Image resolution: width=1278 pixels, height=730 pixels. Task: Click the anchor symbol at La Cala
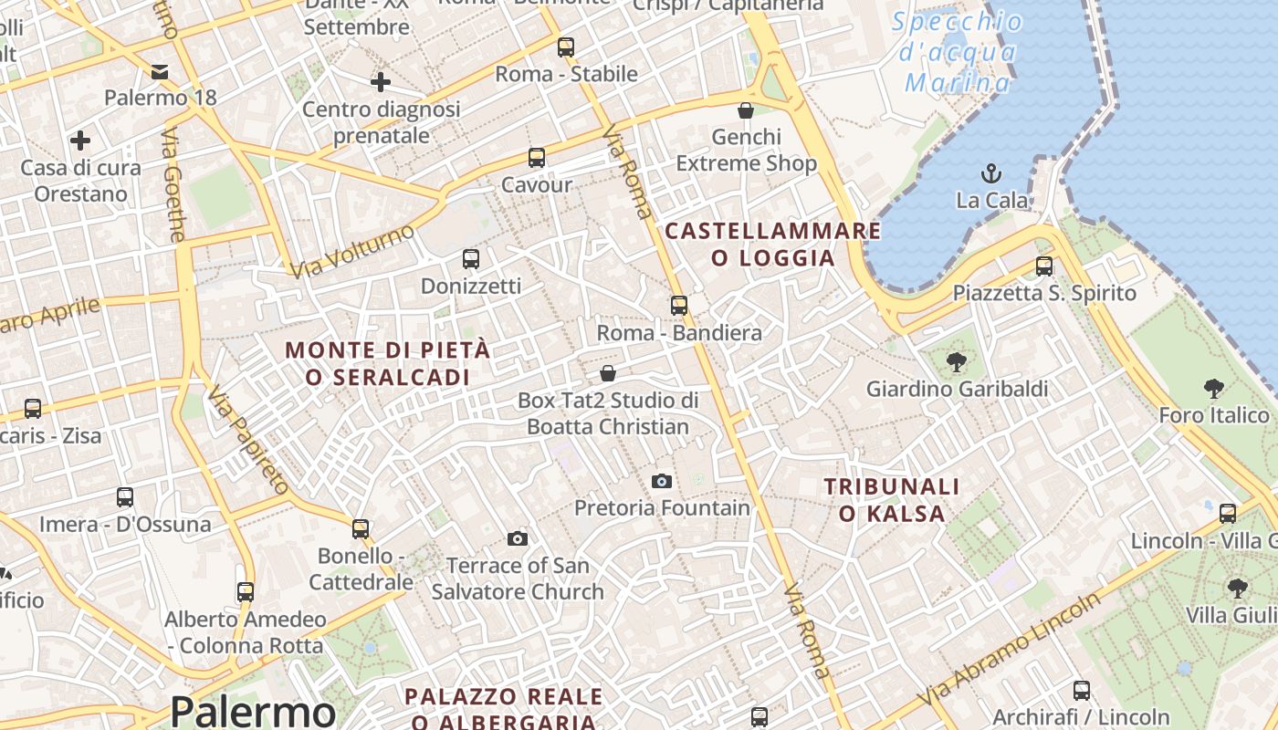990,172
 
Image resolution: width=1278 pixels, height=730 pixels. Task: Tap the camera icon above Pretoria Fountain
662,481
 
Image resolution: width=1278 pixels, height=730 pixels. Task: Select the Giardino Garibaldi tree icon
956,362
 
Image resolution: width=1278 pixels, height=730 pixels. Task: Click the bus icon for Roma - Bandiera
678,306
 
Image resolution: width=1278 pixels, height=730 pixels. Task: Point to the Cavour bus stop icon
537,158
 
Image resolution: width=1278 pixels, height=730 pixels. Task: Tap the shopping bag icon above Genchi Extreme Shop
746,110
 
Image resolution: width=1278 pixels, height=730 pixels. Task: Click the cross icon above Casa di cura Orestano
80,141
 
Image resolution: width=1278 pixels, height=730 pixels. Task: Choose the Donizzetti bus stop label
471,287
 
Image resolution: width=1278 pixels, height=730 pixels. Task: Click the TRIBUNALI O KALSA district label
892,500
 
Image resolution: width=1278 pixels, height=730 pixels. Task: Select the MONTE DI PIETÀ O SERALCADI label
388,363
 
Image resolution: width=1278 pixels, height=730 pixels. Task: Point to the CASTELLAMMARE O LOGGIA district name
773,244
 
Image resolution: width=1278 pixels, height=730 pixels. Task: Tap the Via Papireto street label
247,441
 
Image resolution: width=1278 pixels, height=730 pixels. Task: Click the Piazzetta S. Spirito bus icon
1043,266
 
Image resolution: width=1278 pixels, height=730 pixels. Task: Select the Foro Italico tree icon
1213,390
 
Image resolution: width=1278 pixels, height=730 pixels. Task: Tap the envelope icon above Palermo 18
160,72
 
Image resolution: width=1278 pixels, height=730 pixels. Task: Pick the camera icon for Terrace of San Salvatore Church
518,538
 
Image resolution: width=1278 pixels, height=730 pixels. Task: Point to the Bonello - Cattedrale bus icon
361,528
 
